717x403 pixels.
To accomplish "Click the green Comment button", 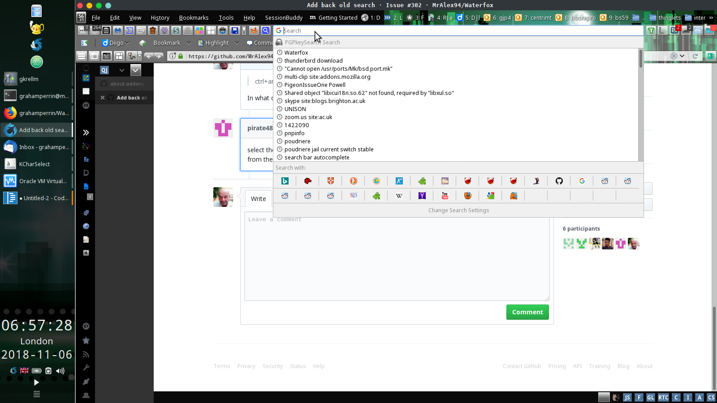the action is tap(527, 312).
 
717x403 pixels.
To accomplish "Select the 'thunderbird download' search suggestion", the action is tap(313, 61).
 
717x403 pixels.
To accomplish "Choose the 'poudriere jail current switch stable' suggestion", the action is tap(328, 150).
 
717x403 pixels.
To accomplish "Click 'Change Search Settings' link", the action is tap(458, 210).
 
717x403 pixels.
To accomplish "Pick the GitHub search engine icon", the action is tap(559, 181).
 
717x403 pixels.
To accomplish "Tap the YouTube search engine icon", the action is tap(445, 196).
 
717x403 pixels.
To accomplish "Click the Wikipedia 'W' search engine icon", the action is tap(399, 196).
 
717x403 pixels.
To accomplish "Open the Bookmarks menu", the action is tap(194, 18).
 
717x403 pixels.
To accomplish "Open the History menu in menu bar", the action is tap(160, 18).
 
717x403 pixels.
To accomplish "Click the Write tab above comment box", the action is tap(258, 199).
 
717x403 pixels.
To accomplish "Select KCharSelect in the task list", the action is tap(35, 164).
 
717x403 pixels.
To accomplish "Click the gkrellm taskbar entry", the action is tap(29, 79).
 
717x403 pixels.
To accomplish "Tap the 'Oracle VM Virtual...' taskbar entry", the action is tap(43, 181).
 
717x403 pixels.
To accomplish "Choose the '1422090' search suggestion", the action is tap(297, 125).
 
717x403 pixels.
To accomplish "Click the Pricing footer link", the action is tap(557, 366).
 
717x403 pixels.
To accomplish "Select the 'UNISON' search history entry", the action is tap(295, 109).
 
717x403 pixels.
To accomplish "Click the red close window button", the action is tap(80, 5).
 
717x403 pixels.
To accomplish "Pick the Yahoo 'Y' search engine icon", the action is tap(422, 196).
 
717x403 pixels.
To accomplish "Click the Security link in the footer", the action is tap(272, 366).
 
